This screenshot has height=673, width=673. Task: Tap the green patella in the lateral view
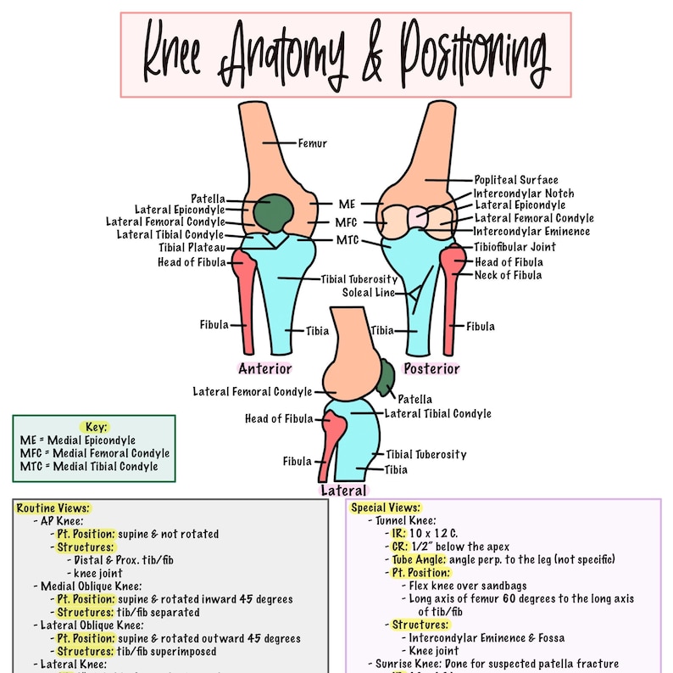pos(387,377)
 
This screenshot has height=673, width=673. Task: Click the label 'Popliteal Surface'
pos(515,180)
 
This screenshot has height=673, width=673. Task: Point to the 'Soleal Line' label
pos(369,293)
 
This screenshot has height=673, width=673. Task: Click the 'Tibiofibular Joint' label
pos(514,247)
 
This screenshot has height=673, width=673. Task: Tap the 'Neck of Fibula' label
pos(508,275)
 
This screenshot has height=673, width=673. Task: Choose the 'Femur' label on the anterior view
pos(312,143)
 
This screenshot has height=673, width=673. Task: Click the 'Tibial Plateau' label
pos(192,248)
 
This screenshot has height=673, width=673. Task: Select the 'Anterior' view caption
pos(264,368)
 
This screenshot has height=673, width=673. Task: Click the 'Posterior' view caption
pos(431,368)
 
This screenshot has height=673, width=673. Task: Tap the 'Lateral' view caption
pos(343,491)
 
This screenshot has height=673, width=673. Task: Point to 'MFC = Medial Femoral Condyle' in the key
pos(94,453)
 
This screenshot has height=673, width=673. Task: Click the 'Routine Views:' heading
pos(53,508)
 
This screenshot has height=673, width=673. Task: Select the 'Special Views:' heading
pos(385,508)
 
